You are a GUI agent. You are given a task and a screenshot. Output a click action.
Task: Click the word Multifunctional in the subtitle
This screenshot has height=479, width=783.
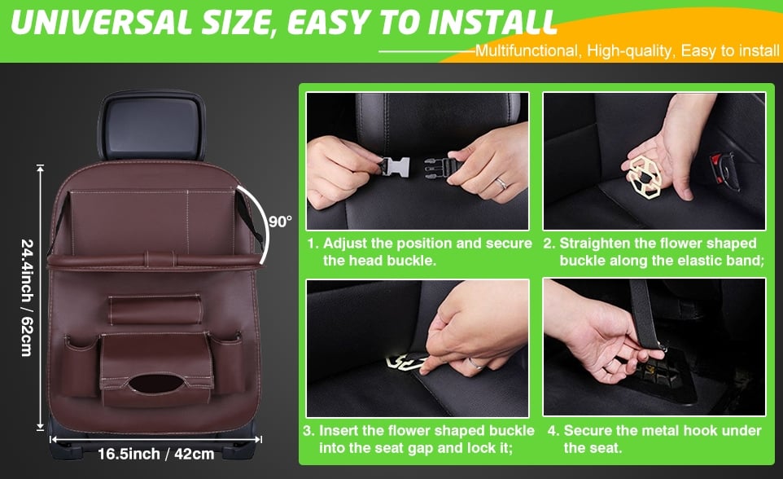click(525, 51)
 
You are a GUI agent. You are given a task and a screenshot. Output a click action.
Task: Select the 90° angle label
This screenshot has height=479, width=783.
click(280, 222)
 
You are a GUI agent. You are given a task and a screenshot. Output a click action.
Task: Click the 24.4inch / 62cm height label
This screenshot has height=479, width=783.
click(26, 297)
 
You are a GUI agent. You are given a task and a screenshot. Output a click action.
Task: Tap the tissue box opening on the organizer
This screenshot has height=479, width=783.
click(157, 382)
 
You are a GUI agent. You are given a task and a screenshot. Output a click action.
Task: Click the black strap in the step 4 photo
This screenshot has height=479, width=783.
click(645, 310)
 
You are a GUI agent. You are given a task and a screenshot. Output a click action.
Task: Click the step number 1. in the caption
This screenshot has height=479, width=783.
click(313, 244)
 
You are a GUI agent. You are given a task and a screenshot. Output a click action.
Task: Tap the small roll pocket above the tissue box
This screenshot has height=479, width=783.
click(155, 310)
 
